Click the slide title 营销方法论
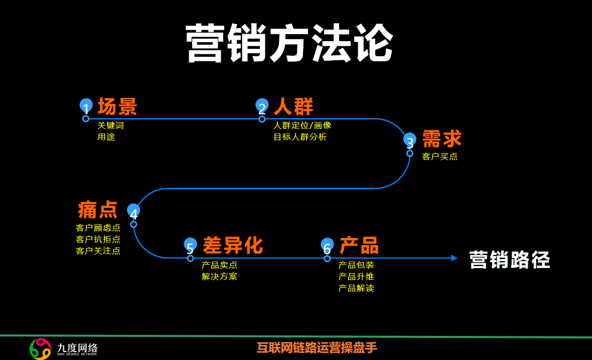289,43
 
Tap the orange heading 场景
117,106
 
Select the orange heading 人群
293,106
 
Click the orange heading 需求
442,139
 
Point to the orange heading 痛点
98,209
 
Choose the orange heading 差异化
233,246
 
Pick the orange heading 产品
359,246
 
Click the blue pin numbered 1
86,107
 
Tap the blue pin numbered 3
410,140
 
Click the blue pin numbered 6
327,246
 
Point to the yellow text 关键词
110,126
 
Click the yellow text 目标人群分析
300,137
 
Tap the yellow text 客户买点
440,157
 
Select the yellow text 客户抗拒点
98,239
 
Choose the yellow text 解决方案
220,276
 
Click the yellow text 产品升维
356,277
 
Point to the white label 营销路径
510,260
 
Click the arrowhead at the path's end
454,258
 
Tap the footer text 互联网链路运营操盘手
317,347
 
